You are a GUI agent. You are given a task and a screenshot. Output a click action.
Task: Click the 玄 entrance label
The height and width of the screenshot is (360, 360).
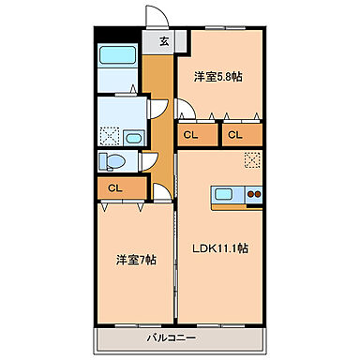click(x=164, y=40)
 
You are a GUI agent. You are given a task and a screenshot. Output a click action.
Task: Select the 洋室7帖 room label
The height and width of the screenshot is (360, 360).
click(x=135, y=258)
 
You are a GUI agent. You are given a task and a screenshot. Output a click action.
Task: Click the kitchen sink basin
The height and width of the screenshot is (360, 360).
click(x=224, y=195)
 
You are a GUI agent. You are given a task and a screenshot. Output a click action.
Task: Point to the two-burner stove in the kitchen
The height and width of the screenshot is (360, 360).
click(x=252, y=195)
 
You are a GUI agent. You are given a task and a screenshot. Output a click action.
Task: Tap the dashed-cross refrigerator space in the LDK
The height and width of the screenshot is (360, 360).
click(x=251, y=160)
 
